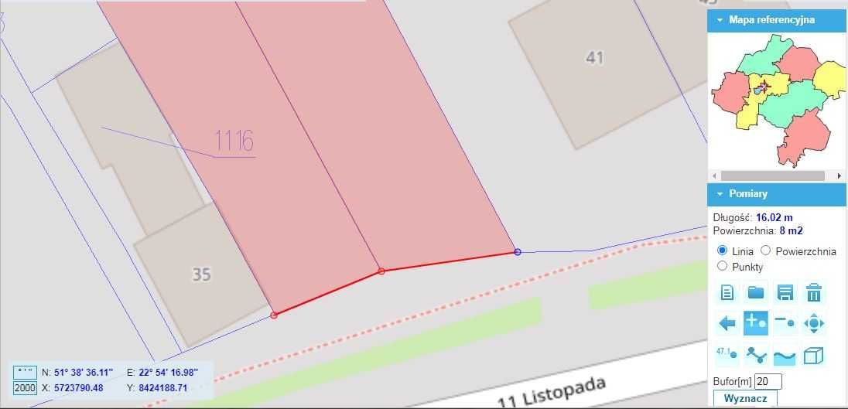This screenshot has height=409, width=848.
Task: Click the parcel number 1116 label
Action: click(234, 141)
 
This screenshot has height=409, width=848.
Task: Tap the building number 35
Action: click(201, 274)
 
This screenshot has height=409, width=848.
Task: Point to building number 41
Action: click(594, 58)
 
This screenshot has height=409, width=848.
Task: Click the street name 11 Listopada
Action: click(551, 390)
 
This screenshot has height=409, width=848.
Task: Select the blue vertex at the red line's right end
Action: click(518, 252)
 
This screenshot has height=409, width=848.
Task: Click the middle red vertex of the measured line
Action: click(381, 271)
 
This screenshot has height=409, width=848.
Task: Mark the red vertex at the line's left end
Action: click(274, 315)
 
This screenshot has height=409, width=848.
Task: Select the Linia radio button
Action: click(723, 251)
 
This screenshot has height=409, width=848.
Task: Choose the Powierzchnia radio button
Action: click(766, 251)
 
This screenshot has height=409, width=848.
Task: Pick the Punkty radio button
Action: click(723, 266)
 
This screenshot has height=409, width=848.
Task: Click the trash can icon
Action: click(813, 292)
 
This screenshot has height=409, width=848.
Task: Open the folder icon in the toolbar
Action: click(755, 292)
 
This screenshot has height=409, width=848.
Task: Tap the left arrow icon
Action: click(727, 322)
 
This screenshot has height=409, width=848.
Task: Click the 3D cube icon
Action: click(813, 356)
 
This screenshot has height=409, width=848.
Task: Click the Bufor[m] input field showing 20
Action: click(768, 381)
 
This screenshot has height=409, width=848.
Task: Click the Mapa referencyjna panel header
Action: click(777, 20)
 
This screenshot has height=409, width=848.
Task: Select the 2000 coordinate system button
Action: click(25, 387)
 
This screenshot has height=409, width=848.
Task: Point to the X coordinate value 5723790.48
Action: click(78, 387)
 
